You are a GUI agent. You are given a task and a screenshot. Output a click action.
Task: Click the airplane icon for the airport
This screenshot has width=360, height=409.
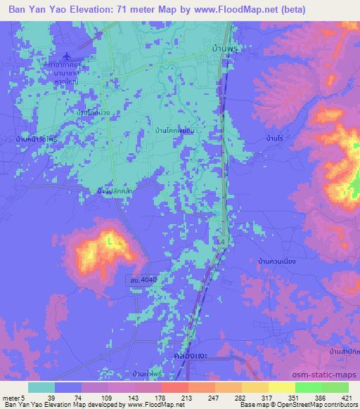pyautogui.click(x=67, y=56)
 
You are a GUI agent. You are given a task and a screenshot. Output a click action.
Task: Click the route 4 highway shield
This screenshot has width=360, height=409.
pyautogui.click(x=224, y=241)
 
